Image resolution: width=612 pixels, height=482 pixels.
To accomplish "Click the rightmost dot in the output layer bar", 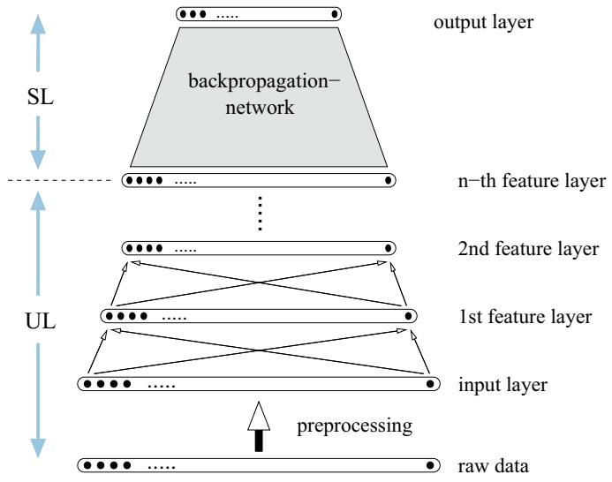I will [x=334, y=14].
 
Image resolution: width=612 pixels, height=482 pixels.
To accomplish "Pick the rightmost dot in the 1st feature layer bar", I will [x=407, y=315].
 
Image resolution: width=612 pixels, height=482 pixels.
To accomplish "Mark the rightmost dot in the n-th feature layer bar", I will [x=389, y=181].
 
